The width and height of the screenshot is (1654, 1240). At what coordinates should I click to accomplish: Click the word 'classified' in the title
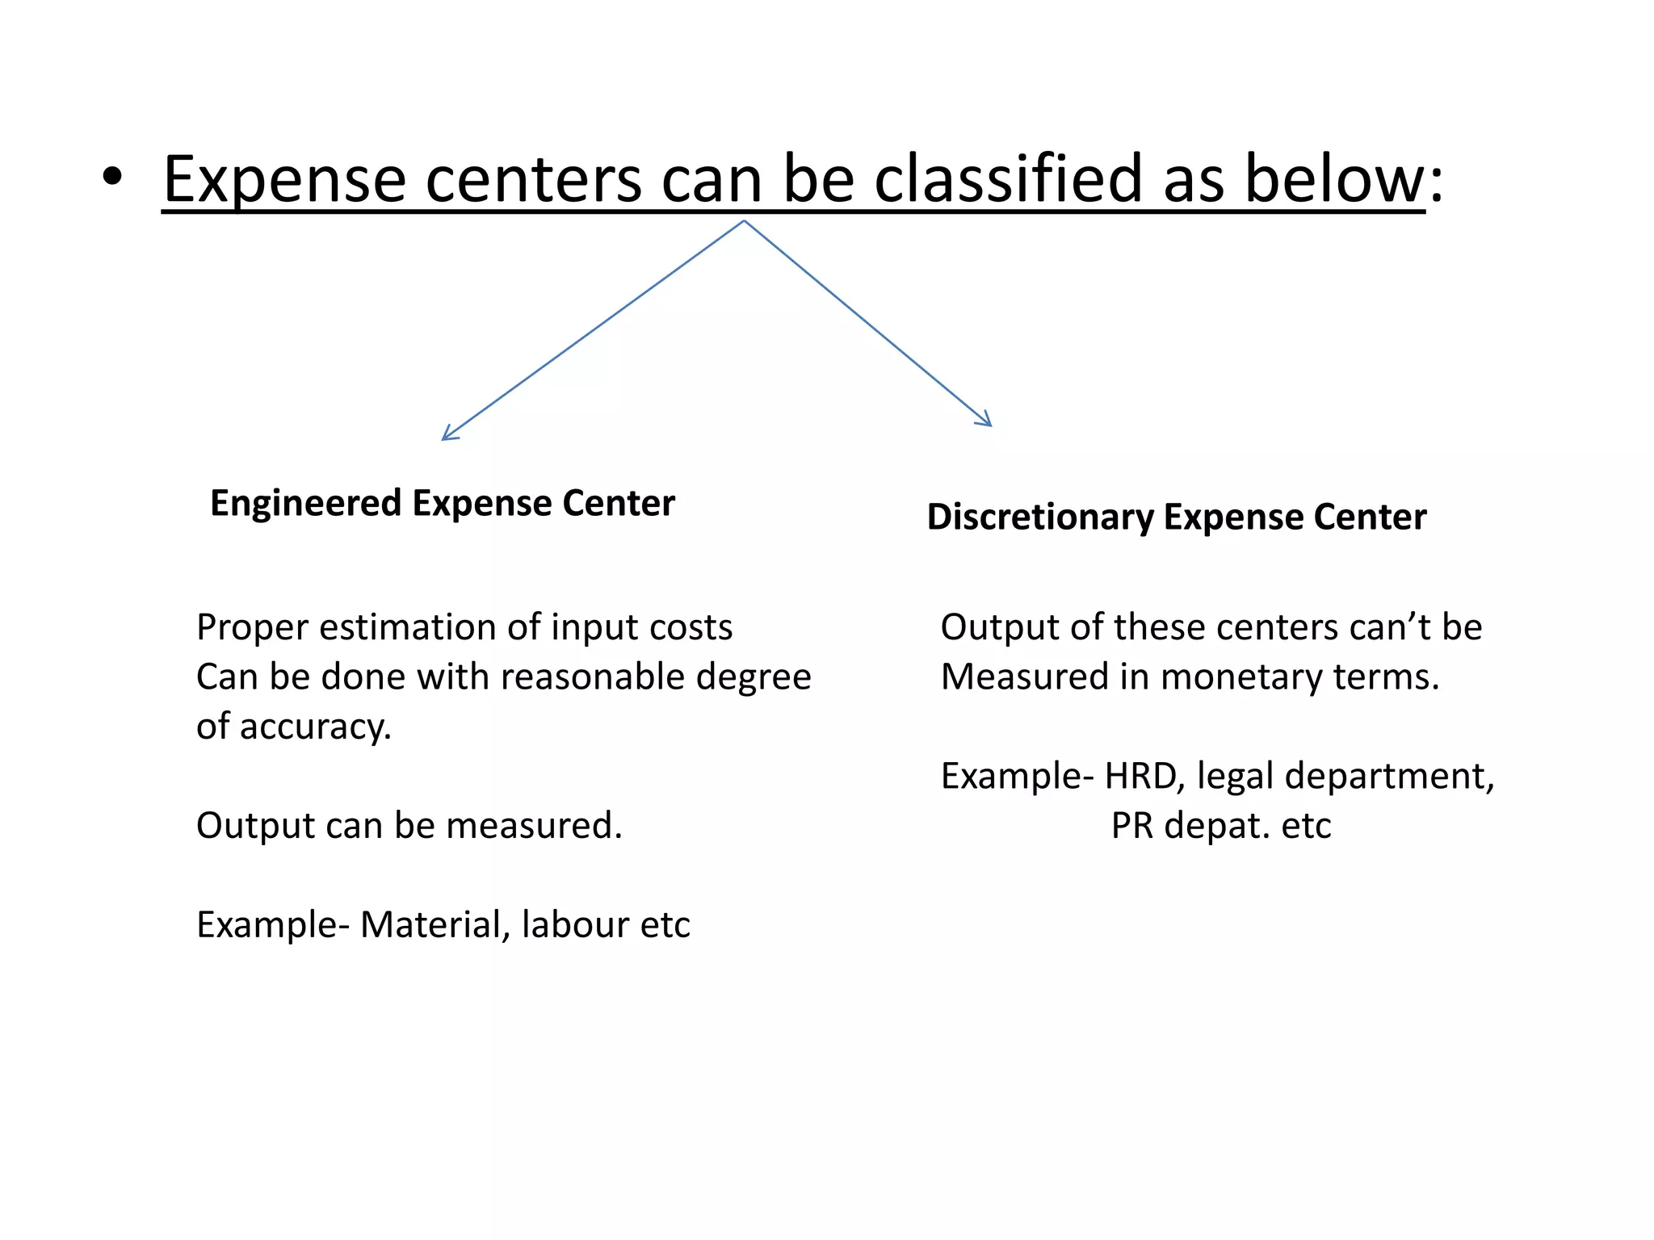click(1007, 179)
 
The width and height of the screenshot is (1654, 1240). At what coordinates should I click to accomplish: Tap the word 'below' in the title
click(1334, 179)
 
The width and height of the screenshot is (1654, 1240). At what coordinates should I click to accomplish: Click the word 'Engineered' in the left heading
click(305, 504)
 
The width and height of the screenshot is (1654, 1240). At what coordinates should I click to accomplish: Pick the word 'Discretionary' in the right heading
click(1040, 517)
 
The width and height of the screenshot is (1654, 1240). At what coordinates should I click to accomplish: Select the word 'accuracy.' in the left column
click(316, 727)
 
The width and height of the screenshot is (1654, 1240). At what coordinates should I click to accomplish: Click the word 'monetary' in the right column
click(1241, 677)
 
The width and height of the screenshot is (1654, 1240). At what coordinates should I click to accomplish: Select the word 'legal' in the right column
click(1235, 777)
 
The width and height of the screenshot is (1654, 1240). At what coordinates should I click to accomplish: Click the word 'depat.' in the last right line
click(1217, 826)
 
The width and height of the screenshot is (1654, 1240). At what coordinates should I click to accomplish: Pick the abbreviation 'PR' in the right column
click(1131, 826)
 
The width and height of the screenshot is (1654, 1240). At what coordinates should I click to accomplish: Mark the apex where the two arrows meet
click(744, 221)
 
